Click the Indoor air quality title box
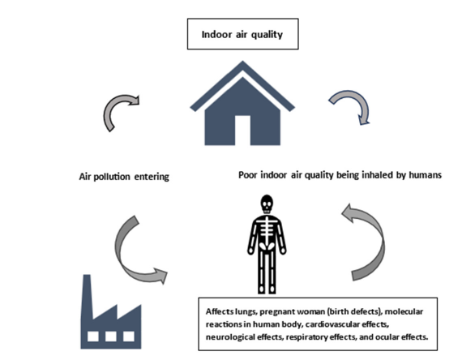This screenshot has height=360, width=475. pos(242,34)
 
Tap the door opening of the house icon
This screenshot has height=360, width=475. pos(242,131)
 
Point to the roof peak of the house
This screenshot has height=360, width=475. pos(242,62)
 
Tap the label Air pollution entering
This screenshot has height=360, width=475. pos(124,177)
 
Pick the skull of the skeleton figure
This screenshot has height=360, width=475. pos(267,204)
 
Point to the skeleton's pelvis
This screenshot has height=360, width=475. pos(267,246)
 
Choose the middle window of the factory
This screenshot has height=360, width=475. pos(111,336)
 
